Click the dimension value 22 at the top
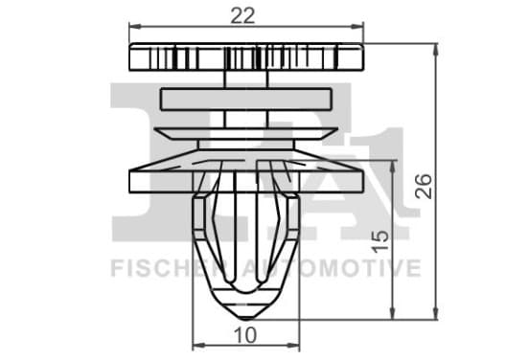[x=242, y=16]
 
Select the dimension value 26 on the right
[x=423, y=186]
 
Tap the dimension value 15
[x=379, y=241]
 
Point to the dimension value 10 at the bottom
[x=245, y=335]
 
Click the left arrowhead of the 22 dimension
[x=135, y=27]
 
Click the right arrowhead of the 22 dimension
[x=357, y=27]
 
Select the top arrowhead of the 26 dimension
[x=435, y=50]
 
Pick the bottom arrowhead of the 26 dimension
[x=435, y=313]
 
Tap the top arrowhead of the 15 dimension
[x=392, y=167]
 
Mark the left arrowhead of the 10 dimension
[x=198, y=346]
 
